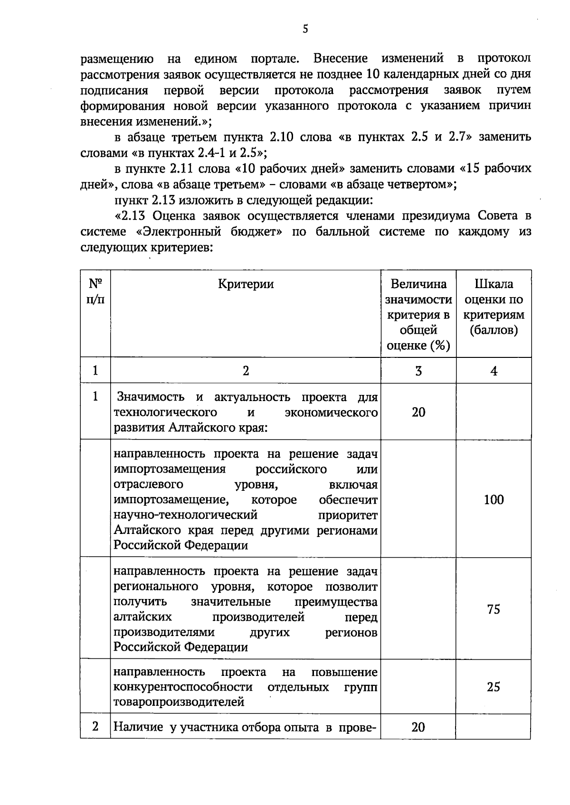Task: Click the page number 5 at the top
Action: point(305,29)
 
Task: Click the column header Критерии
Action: point(246,284)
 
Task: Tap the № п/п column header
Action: point(95,291)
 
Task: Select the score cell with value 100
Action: point(494,499)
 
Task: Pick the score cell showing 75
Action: point(494,609)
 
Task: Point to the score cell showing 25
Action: point(494,687)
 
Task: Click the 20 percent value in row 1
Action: point(418,412)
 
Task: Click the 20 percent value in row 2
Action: point(418,727)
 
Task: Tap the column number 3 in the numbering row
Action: point(418,371)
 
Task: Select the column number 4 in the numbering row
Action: point(494,371)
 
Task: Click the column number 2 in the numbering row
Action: point(246,371)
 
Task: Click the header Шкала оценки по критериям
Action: point(494,307)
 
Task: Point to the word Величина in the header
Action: point(418,284)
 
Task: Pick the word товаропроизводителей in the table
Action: point(179,702)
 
